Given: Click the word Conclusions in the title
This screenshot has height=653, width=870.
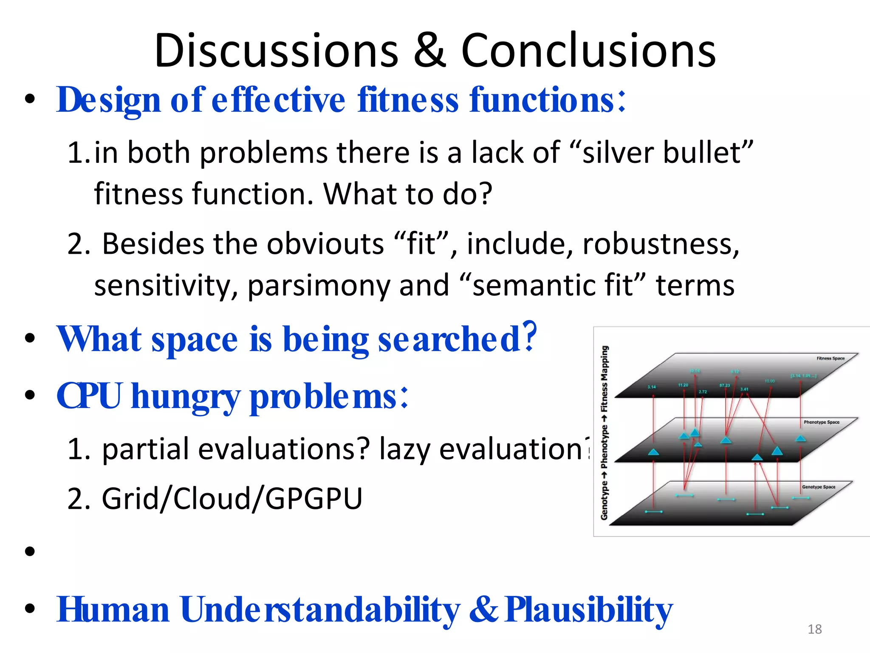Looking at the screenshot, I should pyautogui.click(x=588, y=51).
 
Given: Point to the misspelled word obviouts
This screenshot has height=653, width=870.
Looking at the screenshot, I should pyautogui.click(x=325, y=244).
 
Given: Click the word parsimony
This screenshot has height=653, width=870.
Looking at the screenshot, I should pyautogui.click(x=319, y=286).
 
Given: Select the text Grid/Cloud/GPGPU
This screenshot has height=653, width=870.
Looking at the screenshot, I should pyautogui.click(x=232, y=498).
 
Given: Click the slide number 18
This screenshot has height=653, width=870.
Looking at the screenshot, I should pyautogui.click(x=814, y=629).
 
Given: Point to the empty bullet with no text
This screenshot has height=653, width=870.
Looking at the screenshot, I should pyautogui.click(x=30, y=551).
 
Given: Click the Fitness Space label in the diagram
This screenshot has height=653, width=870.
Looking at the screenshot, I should pyautogui.click(x=830, y=358).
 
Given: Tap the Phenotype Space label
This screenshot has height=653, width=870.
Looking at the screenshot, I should pyautogui.click(x=821, y=422).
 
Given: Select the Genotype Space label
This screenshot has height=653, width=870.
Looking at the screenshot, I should pyautogui.click(x=818, y=487).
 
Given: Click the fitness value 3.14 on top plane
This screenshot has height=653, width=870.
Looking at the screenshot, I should pyautogui.click(x=651, y=387).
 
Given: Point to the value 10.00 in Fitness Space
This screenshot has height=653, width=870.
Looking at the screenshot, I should pyautogui.click(x=770, y=381).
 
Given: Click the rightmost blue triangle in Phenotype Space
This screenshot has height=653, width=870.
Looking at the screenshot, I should pyautogui.click(x=800, y=438).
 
